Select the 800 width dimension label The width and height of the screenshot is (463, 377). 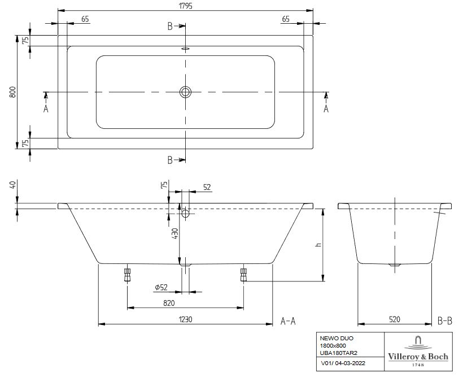(12, 92)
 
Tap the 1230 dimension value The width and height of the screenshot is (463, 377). (186, 319)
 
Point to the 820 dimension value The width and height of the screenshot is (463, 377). (185, 302)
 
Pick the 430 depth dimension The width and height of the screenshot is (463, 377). (175, 232)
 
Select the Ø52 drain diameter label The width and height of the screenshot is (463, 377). (162, 288)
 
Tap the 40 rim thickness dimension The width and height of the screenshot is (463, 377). (12, 186)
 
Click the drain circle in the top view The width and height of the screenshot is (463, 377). (186, 92)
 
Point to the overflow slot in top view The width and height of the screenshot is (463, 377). (186, 49)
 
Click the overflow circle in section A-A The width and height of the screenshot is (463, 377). (186, 214)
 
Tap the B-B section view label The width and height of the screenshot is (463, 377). (444, 320)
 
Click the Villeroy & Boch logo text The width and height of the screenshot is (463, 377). (417, 357)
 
